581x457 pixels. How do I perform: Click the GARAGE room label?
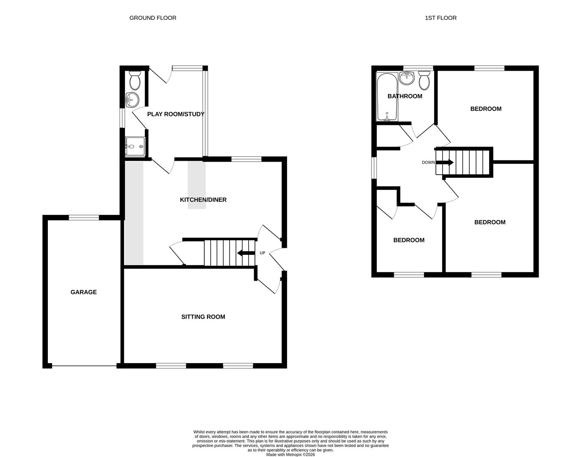pyautogui.click(x=83, y=292)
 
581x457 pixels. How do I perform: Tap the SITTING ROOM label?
pyautogui.click(x=203, y=317)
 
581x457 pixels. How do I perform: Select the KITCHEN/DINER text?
pyautogui.click(x=203, y=200)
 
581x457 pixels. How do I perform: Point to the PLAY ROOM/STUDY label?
pyautogui.click(x=175, y=114)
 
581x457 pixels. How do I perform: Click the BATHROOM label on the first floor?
pyautogui.click(x=405, y=96)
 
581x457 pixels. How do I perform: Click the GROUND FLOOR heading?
pyautogui.click(x=152, y=18)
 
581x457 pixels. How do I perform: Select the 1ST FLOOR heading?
pyautogui.click(x=440, y=18)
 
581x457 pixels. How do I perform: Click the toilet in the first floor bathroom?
pyautogui.click(x=424, y=79)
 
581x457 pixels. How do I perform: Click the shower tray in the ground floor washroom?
pyautogui.click(x=135, y=146)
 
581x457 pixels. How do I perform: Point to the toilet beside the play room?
pyautogui.click(x=135, y=79)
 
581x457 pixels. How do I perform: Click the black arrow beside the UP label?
pyautogui.click(x=246, y=253)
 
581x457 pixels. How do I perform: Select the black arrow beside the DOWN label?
pyautogui.click(x=445, y=162)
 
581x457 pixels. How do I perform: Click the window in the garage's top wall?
pyautogui.click(x=84, y=217)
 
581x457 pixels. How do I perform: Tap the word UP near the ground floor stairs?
pyautogui.click(x=262, y=253)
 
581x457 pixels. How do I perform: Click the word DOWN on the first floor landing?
pyautogui.click(x=428, y=162)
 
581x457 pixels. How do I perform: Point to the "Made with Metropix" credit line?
pyautogui.click(x=290, y=455)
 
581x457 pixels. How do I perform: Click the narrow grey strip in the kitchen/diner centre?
pyautogui.click(x=196, y=185)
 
